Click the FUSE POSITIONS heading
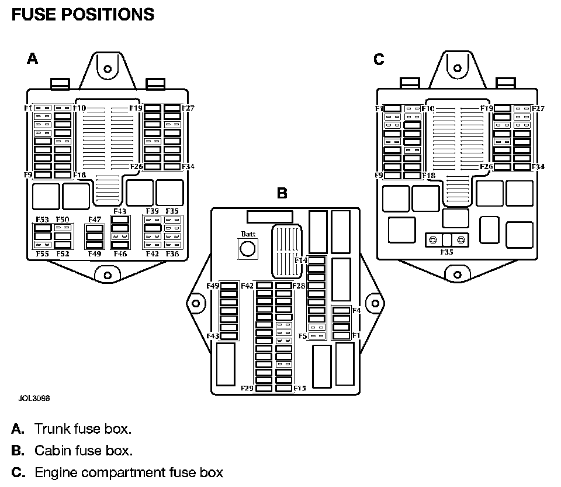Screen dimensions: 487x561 [82, 14]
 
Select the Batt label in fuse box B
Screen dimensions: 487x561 [248, 234]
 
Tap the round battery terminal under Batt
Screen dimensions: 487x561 [248, 250]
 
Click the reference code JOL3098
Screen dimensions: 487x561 [34, 398]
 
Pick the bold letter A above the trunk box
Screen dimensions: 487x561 [33, 59]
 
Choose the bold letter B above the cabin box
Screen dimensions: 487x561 [282, 193]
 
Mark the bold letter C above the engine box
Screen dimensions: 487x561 [379, 59]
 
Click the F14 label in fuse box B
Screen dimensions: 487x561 [301, 260]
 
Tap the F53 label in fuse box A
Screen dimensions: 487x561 [42, 220]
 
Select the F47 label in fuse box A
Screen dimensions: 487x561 [95, 220]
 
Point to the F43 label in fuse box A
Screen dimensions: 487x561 [120, 211]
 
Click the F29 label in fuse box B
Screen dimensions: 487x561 [247, 388]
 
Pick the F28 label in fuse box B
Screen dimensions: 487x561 [299, 286]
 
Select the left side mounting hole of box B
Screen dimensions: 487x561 [195, 303]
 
